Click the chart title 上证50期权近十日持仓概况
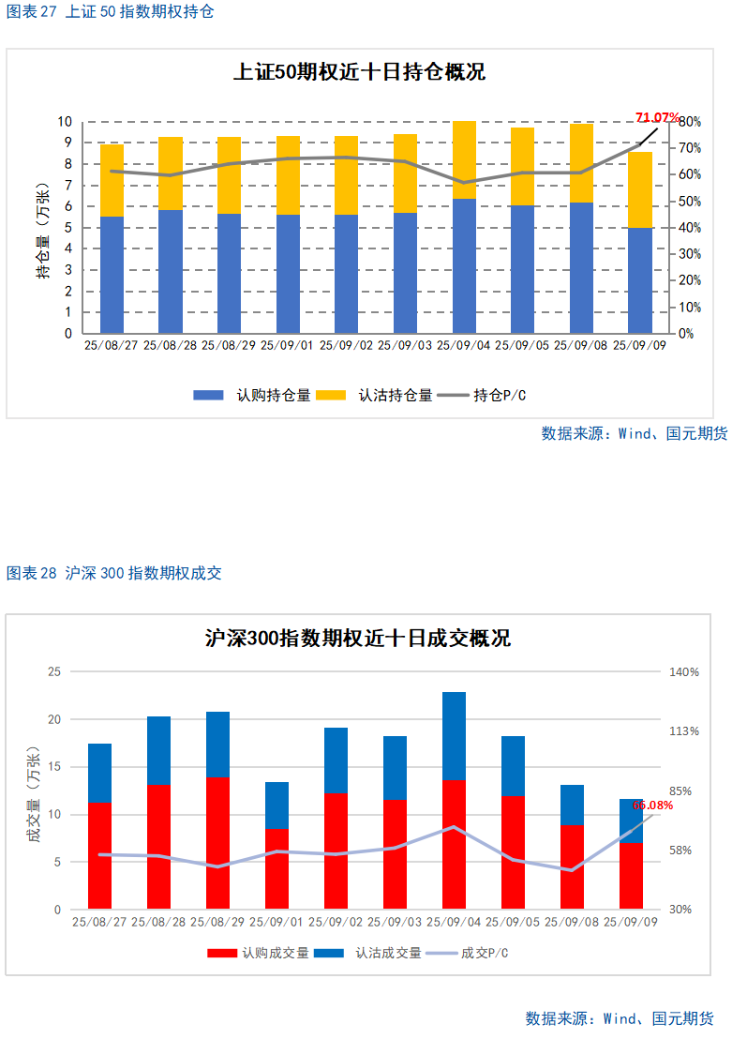click(359, 72)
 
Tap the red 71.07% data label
click(657, 117)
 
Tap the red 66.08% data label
click(652, 805)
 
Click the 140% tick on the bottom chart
click(683, 672)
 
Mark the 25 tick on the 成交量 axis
click(53, 672)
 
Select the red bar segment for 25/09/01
click(276, 868)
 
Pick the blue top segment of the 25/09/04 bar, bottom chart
click(454, 735)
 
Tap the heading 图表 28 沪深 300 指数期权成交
click(114, 573)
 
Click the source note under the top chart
click(634, 433)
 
